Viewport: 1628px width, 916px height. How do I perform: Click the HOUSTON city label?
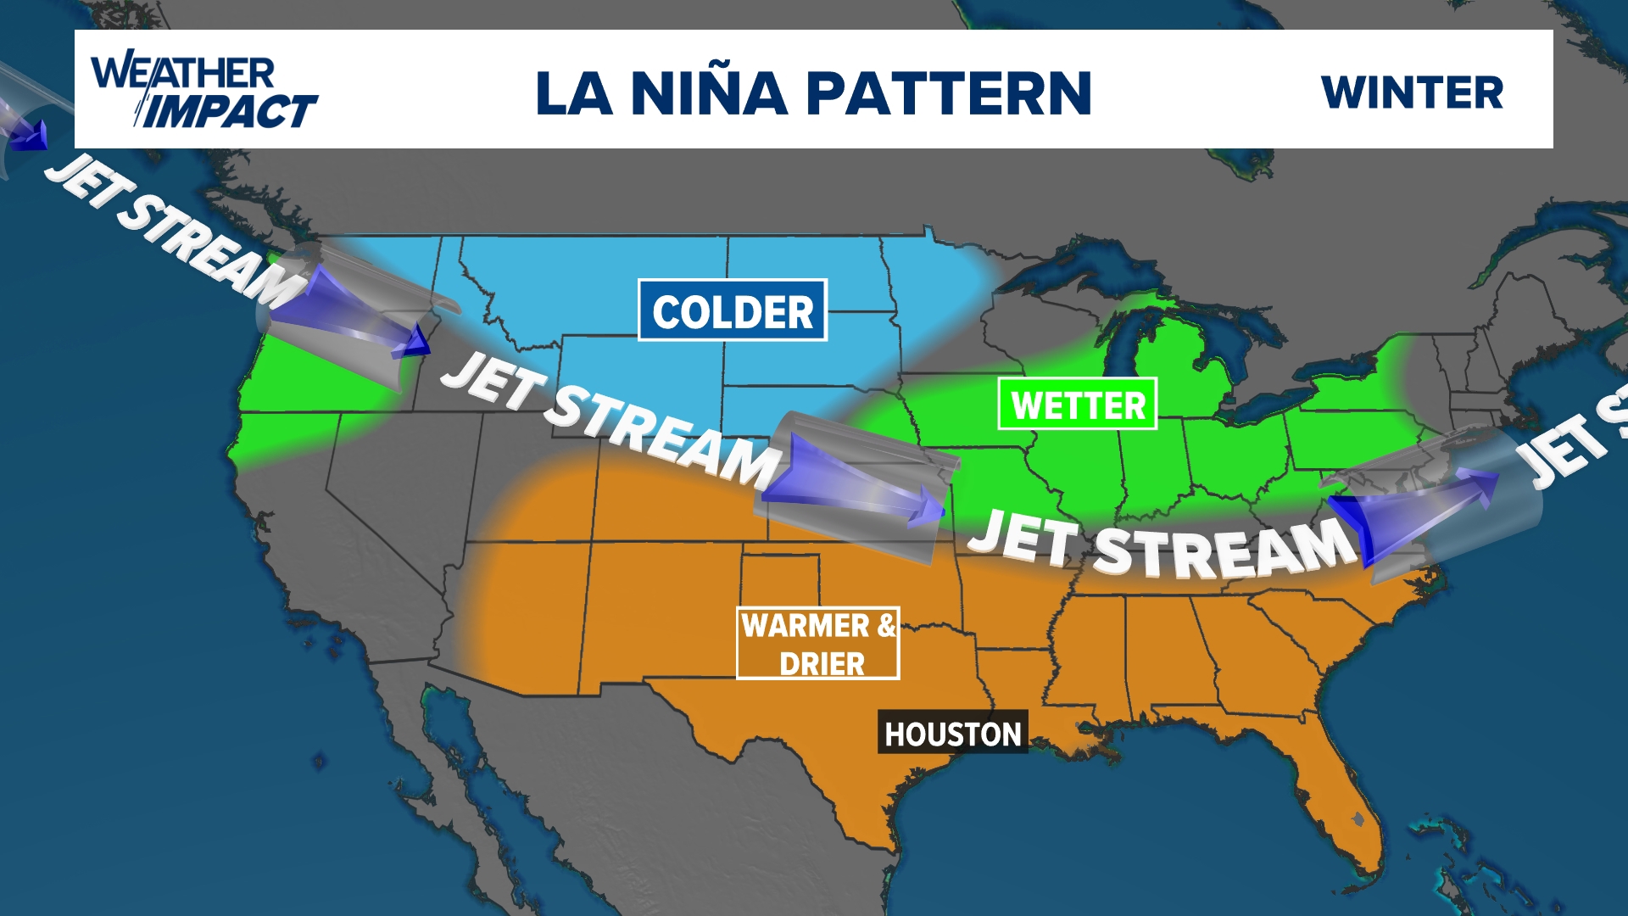tap(952, 733)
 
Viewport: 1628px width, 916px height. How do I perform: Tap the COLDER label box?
tap(733, 310)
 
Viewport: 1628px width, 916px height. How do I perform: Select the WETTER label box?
tap(1077, 404)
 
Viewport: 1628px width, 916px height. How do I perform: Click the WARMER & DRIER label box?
tap(817, 643)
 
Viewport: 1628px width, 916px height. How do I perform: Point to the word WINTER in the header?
tap(1412, 92)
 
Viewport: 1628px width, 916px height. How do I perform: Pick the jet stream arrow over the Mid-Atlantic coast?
tap(1416, 509)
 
